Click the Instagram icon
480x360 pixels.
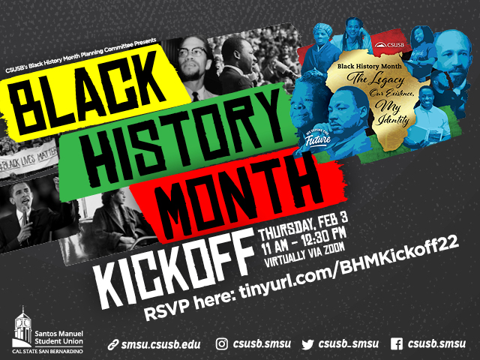[222, 344]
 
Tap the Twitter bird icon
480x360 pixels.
[307, 344]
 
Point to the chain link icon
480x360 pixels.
[113, 345]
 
